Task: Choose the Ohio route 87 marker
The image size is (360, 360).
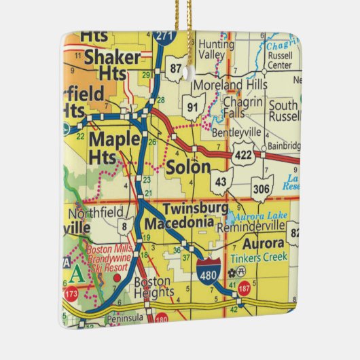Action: click(x=177, y=69)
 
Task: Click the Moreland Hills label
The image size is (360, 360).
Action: click(x=228, y=86)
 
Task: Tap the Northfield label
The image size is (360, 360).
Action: click(x=102, y=211)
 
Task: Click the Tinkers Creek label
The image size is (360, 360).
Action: click(x=258, y=257)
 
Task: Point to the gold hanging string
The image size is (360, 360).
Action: click(x=184, y=17)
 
